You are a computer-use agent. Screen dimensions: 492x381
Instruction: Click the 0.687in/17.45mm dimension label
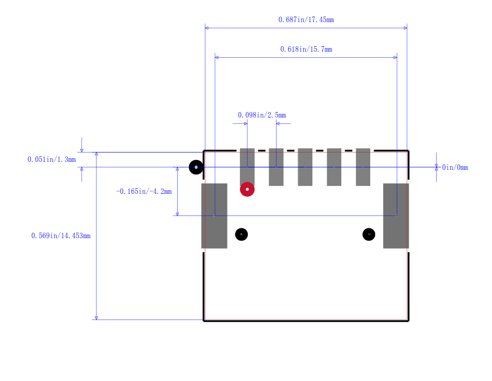tap(306, 20)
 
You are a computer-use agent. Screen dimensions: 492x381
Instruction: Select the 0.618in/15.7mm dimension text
tap(306, 49)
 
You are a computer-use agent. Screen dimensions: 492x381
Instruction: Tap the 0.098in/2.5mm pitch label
tap(262, 115)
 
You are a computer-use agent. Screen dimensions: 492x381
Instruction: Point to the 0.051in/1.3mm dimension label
tap(52, 159)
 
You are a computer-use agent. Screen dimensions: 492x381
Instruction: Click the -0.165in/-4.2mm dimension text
tap(144, 191)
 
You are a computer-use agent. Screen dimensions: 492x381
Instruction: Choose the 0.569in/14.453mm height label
tap(61, 236)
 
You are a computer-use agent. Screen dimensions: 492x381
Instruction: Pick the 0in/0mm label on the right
tap(455, 167)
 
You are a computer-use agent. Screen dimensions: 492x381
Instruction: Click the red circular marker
tap(247, 190)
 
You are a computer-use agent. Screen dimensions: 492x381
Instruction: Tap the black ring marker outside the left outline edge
tap(196, 167)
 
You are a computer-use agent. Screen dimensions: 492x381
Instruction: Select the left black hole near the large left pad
tap(241, 235)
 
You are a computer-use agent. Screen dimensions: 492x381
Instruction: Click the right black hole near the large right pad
tap(368, 235)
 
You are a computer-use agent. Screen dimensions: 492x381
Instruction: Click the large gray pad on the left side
tap(214, 216)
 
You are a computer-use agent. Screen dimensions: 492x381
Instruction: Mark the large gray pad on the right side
tap(396, 216)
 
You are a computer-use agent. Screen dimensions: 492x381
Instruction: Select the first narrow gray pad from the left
tap(247, 167)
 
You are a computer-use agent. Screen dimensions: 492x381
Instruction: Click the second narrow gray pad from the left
tap(276, 167)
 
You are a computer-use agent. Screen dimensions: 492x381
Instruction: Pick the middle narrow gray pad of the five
tap(305, 167)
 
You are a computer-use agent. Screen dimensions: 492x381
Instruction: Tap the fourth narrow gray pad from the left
tap(334, 167)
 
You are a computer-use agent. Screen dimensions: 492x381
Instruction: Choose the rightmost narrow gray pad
tap(363, 167)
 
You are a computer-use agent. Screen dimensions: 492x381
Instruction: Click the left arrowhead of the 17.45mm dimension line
tap(207, 28)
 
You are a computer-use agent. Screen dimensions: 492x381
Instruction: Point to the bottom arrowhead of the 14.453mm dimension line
tap(97, 318)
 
